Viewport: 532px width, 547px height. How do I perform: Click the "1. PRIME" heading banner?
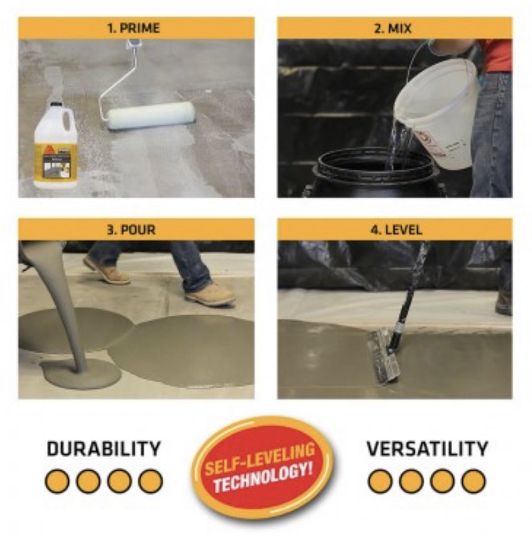[136, 28]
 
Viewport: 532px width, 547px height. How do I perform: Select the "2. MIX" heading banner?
[395, 28]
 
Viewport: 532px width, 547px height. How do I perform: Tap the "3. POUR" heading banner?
[136, 230]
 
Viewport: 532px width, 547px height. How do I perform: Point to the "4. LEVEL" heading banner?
[395, 230]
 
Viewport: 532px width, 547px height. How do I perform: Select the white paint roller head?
[151, 116]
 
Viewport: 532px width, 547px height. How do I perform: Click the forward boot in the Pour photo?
[210, 294]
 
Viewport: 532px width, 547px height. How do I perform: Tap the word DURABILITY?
[103, 449]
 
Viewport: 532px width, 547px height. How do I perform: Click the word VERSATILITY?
[427, 449]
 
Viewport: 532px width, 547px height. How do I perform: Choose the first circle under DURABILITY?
[57, 481]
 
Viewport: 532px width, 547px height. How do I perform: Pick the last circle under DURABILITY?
[150, 481]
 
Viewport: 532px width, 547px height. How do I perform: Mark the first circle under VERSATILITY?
[380, 481]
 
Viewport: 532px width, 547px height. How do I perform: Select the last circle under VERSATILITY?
[473, 481]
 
